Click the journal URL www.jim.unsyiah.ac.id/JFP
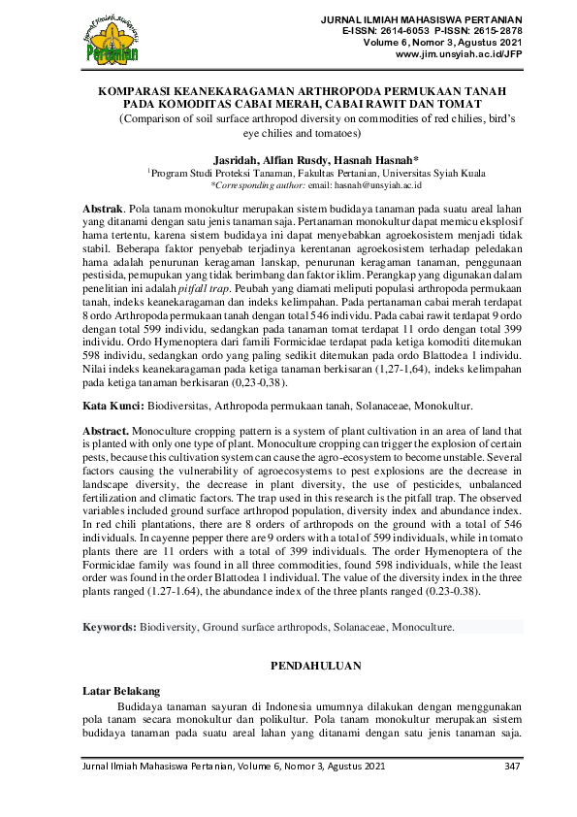coord(459,55)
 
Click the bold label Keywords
coord(108,628)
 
